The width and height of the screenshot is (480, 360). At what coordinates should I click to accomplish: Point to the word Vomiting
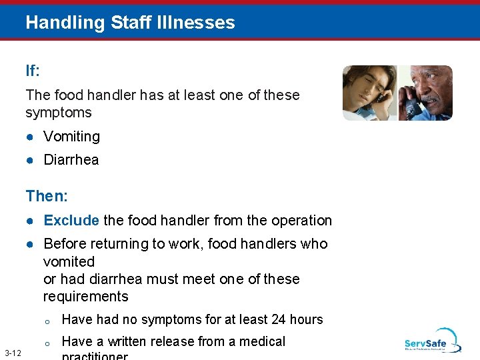71,137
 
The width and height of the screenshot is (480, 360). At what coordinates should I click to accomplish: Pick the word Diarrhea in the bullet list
71,160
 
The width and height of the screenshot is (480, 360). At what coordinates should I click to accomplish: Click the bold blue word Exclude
71,221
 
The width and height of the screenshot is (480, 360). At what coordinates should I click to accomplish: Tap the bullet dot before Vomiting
31,137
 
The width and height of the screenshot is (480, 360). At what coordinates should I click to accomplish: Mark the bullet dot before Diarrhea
31,160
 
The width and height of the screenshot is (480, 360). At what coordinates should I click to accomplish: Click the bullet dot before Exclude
31,221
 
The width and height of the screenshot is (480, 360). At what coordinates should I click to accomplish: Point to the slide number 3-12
12,353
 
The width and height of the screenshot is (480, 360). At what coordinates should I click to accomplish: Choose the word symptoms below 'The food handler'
58,113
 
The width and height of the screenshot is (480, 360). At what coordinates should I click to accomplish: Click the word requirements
85,297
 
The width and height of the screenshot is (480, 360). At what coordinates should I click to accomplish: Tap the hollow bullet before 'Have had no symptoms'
47,321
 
